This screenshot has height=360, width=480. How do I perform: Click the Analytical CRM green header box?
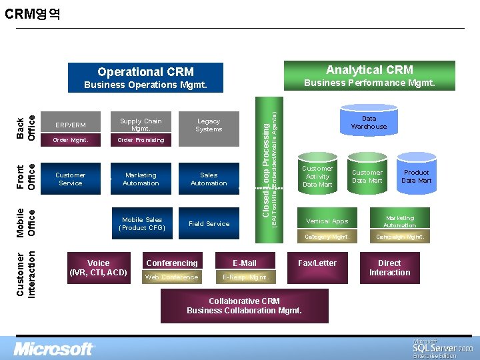pos(369,70)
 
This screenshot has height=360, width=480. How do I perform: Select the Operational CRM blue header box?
pos(145,72)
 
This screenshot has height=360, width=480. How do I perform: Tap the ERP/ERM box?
pos(70,125)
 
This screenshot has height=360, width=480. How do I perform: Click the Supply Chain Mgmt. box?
pos(141,125)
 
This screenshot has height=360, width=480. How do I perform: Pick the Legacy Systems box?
pos(209,125)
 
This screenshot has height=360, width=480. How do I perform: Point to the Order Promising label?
pos(141,140)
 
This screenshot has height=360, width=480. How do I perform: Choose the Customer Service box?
pos(70,179)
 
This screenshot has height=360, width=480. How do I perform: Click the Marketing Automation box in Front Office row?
pos(141,179)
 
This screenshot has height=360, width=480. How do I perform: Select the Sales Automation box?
pos(209,179)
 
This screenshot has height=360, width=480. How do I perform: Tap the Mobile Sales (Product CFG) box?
pos(141,223)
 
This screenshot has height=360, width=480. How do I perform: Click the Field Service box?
pos(209,224)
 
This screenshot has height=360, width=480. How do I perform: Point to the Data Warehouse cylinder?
pos(369,122)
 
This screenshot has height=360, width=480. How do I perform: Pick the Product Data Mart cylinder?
pos(416,176)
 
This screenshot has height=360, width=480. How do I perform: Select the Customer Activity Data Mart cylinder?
pos(317,176)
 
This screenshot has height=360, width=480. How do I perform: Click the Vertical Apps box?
pos(327,221)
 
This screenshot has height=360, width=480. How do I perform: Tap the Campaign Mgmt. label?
pos(399,237)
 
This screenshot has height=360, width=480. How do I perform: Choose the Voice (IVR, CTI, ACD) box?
pos(99,267)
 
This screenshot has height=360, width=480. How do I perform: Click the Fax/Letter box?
pos(317,263)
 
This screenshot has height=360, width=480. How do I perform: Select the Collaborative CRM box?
pos(244,305)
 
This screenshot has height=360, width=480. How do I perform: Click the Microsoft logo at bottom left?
pos(55,349)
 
